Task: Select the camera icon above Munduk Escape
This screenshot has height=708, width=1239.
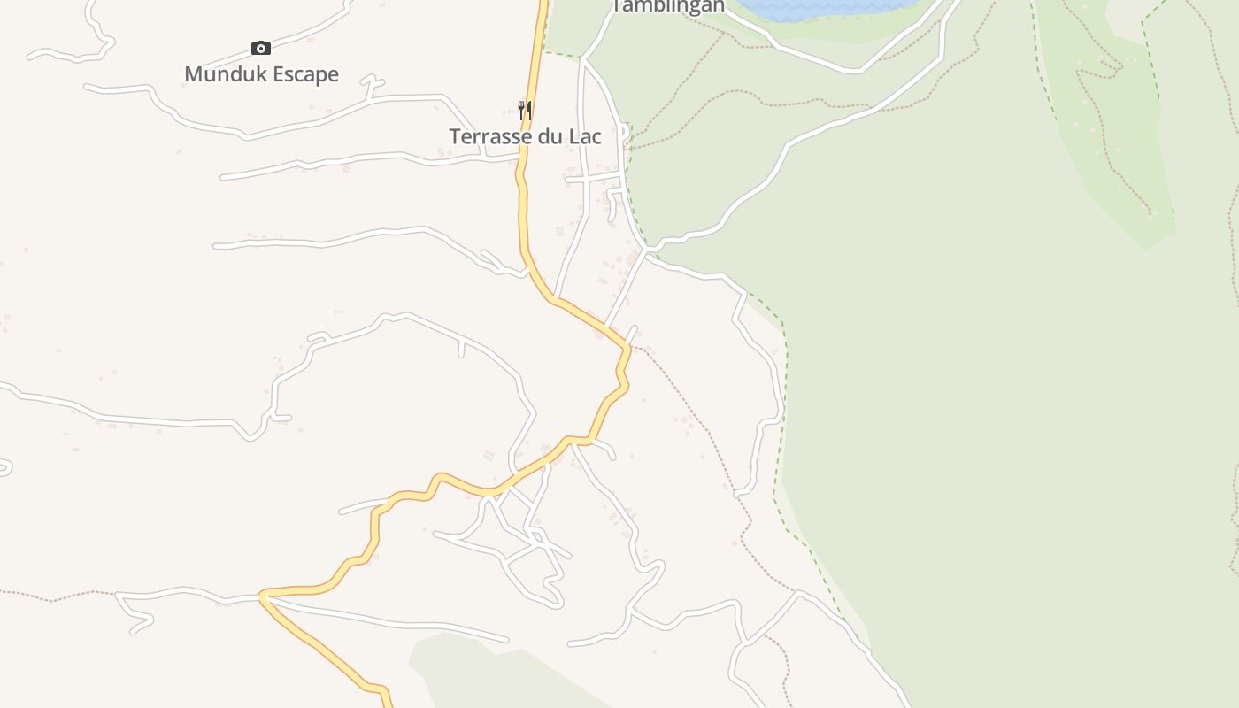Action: coord(260,48)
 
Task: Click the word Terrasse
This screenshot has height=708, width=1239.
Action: coord(492,137)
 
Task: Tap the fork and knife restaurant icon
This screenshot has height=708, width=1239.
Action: coord(525,110)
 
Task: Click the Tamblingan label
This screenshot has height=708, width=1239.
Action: coord(668,6)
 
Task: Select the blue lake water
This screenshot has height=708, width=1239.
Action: coord(823,7)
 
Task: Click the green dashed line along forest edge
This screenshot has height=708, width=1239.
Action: coord(783,398)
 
